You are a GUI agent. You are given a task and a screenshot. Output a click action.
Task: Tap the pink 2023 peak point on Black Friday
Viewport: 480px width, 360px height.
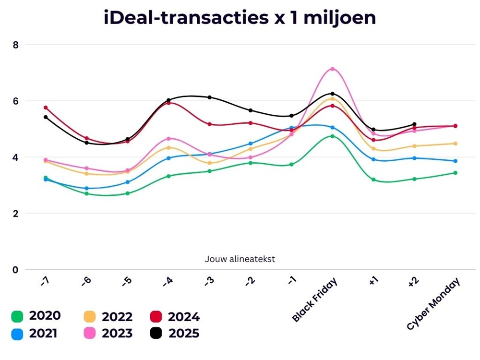pyautogui.click(x=332, y=69)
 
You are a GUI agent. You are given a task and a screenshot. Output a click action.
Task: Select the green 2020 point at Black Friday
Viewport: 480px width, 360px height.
pyautogui.click(x=332, y=136)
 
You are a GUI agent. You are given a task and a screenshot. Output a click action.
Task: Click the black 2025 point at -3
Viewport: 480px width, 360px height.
pyautogui.click(x=209, y=97)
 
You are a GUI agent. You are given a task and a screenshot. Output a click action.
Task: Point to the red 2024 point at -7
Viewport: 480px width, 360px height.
pyautogui.click(x=46, y=108)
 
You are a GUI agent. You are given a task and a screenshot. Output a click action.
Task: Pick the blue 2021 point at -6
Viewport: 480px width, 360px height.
pyautogui.click(x=86, y=189)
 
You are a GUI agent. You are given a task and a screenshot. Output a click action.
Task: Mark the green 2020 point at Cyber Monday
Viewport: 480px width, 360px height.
pyautogui.click(x=455, y=173)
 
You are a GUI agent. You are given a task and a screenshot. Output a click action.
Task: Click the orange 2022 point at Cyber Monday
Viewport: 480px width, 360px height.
pyautogui.click(x=455, y=144)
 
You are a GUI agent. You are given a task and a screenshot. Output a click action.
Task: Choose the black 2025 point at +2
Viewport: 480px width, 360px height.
pyautogui.click(x=414, y=124)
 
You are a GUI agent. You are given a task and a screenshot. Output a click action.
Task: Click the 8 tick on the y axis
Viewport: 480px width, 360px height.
pyautogui.click(x=15, y=45)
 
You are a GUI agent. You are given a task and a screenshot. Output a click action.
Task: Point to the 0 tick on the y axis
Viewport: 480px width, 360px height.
pyautogui.click(x=15, y=270)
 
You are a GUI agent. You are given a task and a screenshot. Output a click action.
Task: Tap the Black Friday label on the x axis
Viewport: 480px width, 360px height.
pyautogui.click(x=315, y=300)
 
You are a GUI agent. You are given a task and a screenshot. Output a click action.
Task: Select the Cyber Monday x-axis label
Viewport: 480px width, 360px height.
pyautogui.click(x=433, y=304)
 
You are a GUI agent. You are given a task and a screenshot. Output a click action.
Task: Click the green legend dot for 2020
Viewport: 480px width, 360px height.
pyautogui.click(x=17, y=317)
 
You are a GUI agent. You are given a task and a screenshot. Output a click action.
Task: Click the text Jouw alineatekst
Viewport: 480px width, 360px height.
pyautogui.click(x=240, y=259)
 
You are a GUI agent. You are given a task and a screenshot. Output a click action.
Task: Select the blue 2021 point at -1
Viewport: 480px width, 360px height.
pyautogui.click(x=291, y=128)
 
